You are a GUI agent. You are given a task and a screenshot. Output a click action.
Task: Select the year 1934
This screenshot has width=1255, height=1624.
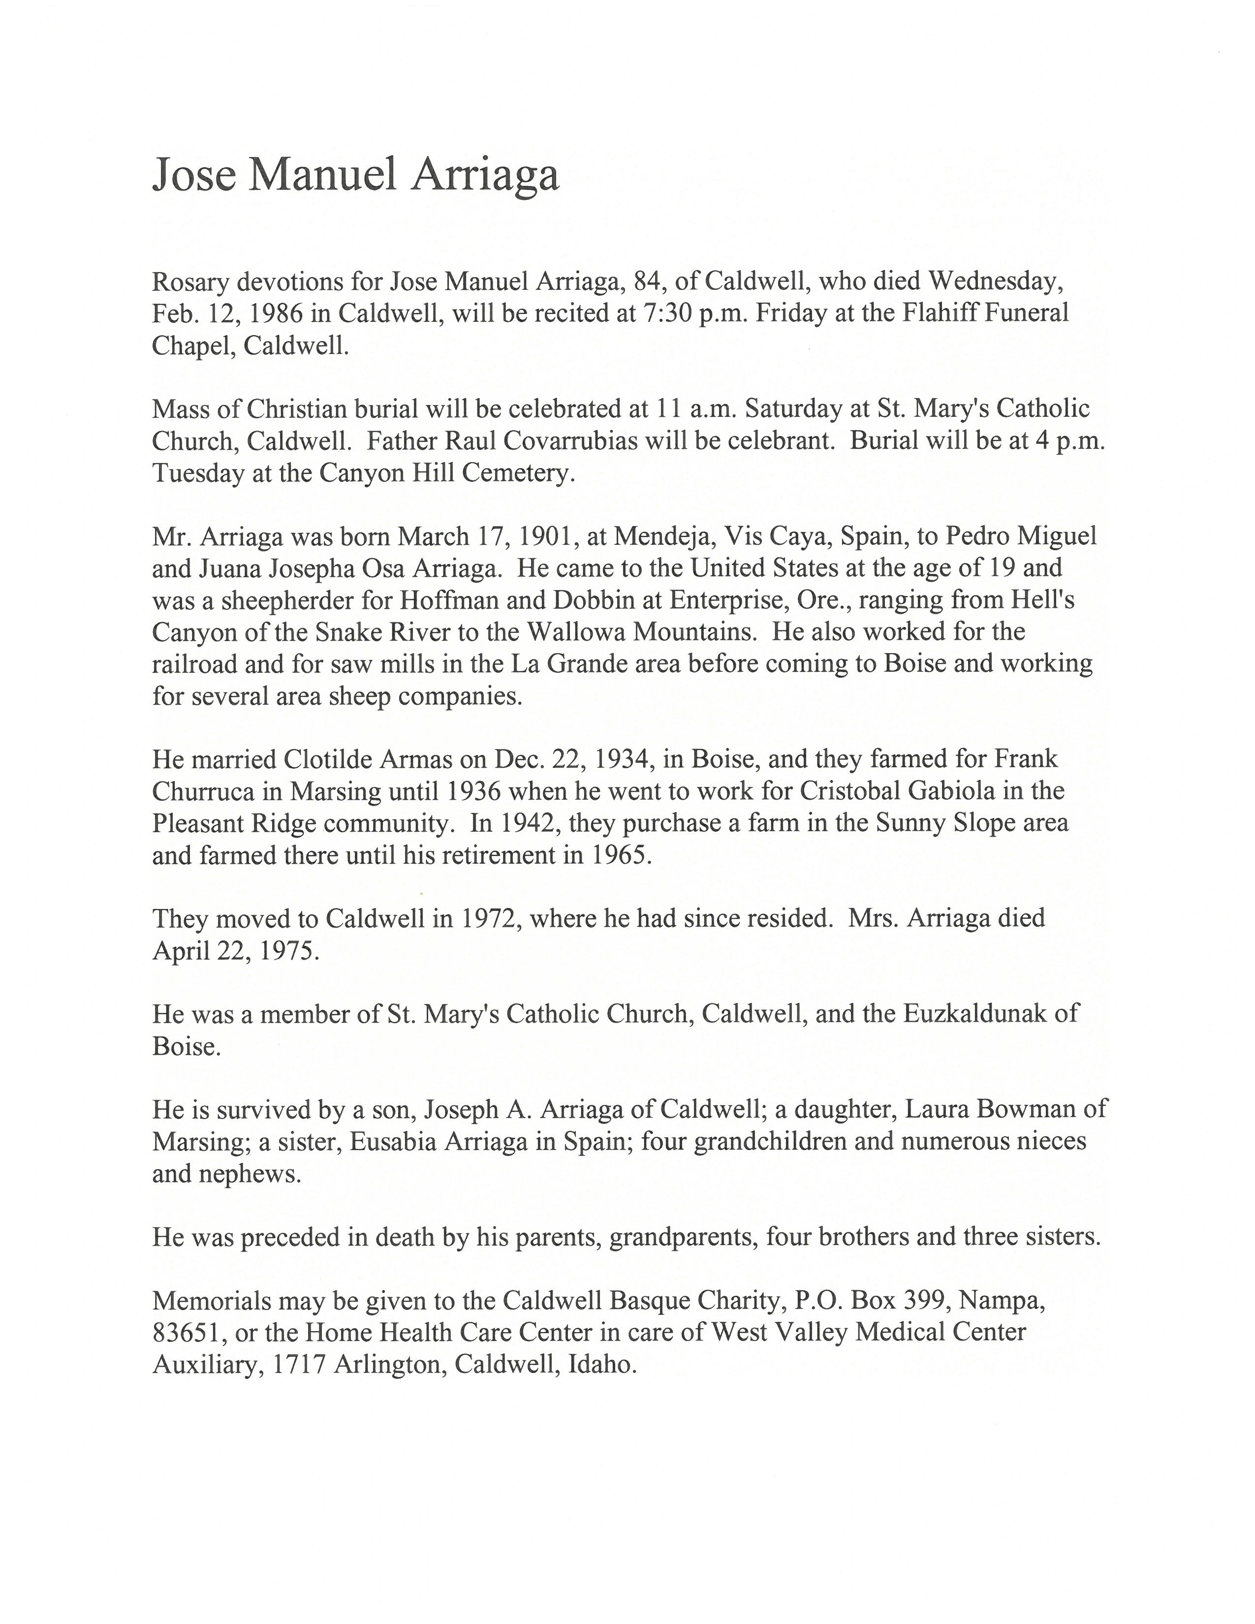[604, 759]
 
